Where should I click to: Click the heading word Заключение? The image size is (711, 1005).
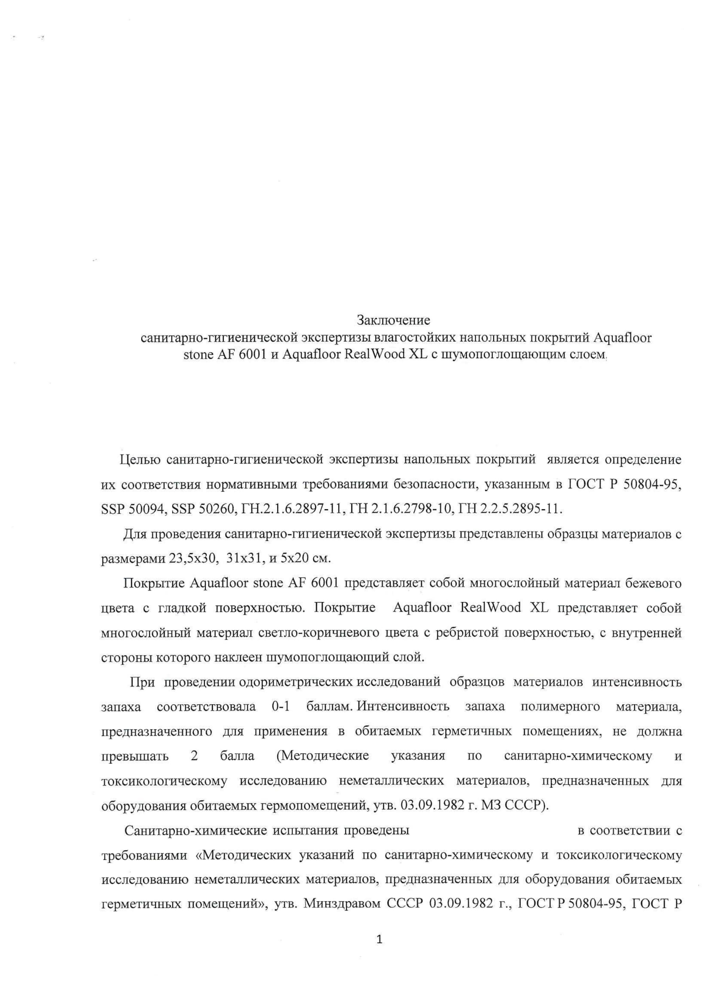[x=393, y=320]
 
